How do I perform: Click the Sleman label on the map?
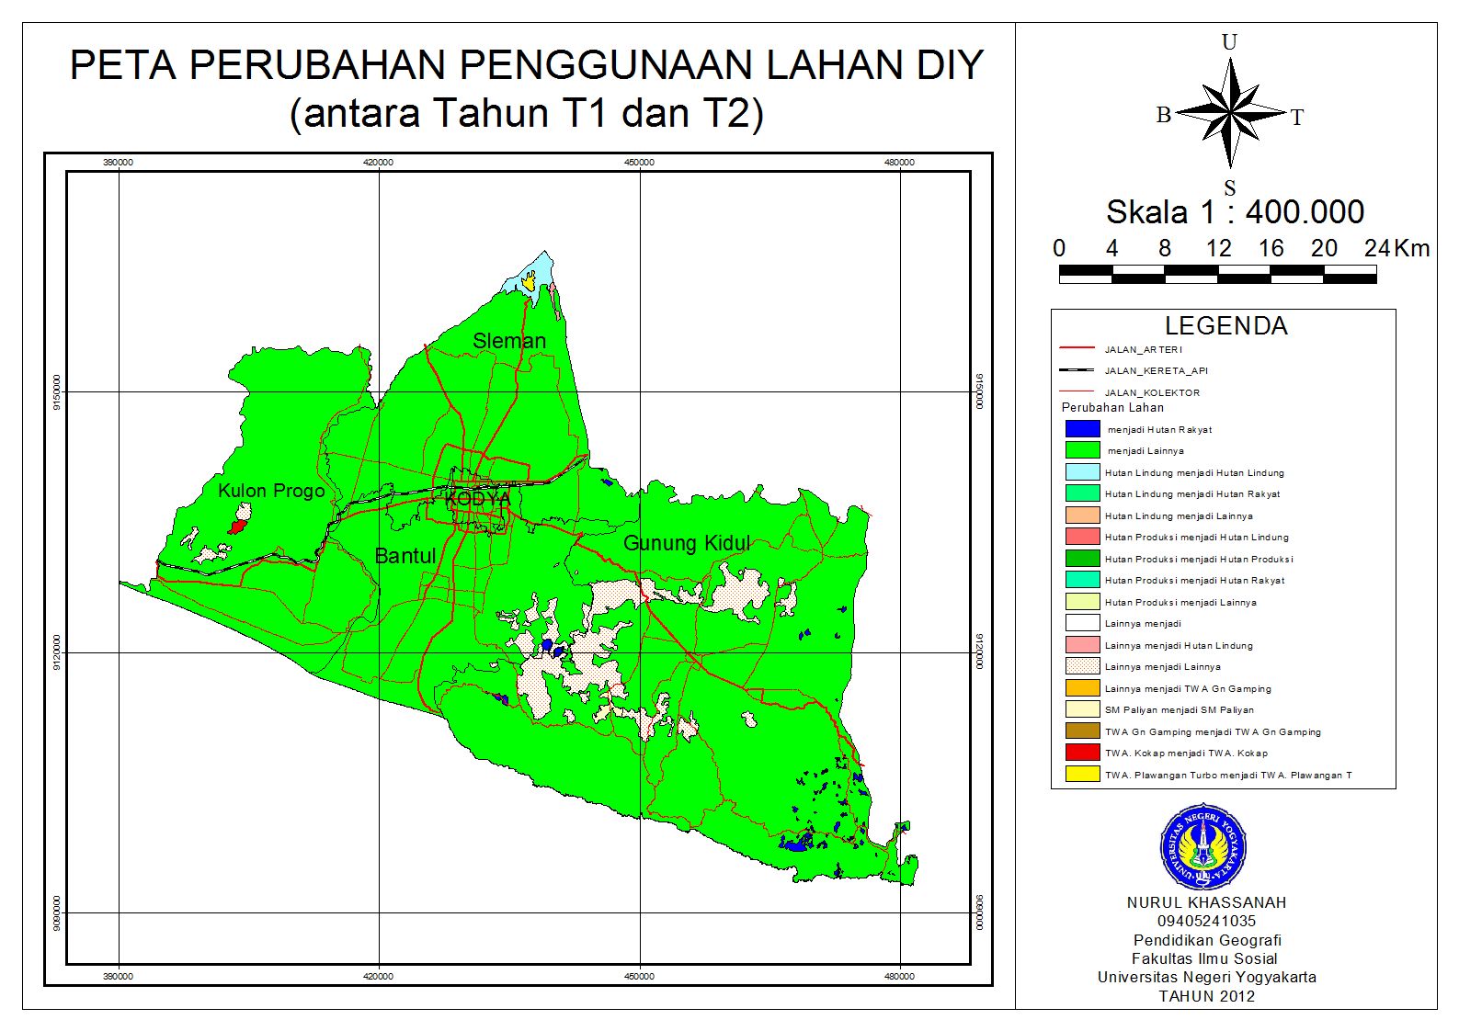pos(508,341)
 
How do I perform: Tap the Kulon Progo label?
pos(271,491)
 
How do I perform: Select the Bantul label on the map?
pos(405,556)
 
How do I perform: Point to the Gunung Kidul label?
pos(687,543)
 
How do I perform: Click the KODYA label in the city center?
pos(477,499)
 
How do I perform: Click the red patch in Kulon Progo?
pos(237,527)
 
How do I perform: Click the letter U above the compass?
pos(1229,42)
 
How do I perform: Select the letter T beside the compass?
pos(1297,118)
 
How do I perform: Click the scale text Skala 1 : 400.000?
pos(1235,212)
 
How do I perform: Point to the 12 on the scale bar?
pos(1218,249)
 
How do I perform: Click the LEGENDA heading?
pos(1225,326)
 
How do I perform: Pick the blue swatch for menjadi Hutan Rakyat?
pos(1082,429)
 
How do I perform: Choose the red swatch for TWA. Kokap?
pos(1082,753)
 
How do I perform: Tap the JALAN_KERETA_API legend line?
pos(1077,370)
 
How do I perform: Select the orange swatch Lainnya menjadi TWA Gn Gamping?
pos(1082,688)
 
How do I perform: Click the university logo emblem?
pos(1203,846)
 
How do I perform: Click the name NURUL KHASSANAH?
pos(1206,902)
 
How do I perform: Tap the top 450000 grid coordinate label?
pos(639,163)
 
